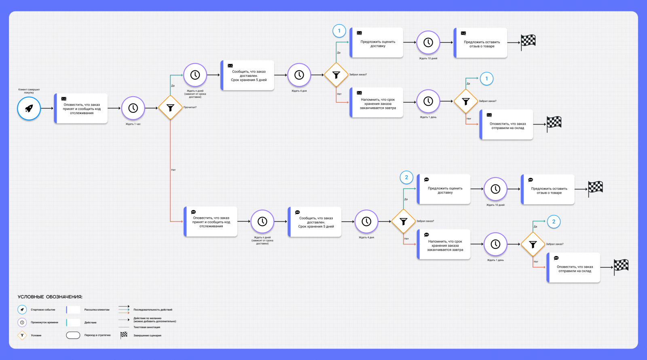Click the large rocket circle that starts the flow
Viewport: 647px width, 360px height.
click(29, 108)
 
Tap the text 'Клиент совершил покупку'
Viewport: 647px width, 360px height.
click(29, 91)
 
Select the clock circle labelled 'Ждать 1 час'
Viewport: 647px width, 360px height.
click(133, 108)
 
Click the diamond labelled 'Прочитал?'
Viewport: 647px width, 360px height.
click(170, 108)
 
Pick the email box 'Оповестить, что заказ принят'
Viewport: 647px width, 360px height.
click(81, 108)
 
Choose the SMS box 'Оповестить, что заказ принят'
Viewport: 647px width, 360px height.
click(211, 222)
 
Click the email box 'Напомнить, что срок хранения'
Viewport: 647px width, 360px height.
click(377, 103)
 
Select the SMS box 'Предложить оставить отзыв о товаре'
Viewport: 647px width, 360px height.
click(549, 190)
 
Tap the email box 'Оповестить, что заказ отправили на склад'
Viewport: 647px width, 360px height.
click(507, 125)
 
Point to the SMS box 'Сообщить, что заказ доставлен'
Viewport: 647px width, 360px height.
click(315, 222)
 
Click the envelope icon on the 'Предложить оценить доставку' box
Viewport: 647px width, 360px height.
click(359, 33)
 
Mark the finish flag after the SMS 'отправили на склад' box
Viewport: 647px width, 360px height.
click(621, 266)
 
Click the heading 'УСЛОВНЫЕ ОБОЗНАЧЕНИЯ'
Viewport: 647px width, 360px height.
click(50, 297)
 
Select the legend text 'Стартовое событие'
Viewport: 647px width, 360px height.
click(43, 310)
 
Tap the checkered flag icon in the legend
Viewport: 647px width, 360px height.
click(124, 335)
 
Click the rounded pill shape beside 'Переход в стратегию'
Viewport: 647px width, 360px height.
click(73, 335)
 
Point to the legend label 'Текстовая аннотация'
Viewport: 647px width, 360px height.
click(147, 327)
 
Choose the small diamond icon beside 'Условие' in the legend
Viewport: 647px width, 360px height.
click(22, 335)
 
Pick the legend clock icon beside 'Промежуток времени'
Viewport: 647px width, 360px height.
click(22, 322)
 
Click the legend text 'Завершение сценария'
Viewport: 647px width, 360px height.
click(147, 335)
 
